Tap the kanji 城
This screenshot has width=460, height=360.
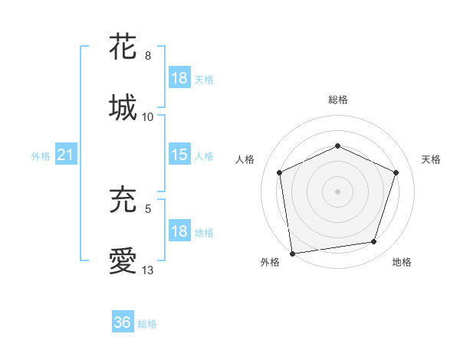point(123,107)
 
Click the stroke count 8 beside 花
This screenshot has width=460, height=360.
point(148,56)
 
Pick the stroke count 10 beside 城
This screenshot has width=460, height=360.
point(148,117)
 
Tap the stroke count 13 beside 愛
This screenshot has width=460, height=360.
point(148,270)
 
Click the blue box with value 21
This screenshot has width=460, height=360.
point(65,155)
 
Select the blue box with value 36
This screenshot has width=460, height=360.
point(123,322)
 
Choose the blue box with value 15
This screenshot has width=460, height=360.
point(179,155)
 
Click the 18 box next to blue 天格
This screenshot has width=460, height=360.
point(179,79)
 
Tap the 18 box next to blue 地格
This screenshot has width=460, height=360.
point(179,232)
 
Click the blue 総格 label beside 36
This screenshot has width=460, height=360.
point(147,323)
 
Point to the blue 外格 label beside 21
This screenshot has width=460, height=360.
point(41,156)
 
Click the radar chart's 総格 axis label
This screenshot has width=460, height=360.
point(337,100)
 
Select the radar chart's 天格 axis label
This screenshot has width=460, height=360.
point(432,159)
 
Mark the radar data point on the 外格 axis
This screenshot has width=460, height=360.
point(292,252)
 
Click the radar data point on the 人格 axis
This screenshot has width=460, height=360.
point(280,172)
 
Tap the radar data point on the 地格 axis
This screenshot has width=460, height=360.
point(374,242)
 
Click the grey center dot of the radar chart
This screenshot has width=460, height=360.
point(337,191)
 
